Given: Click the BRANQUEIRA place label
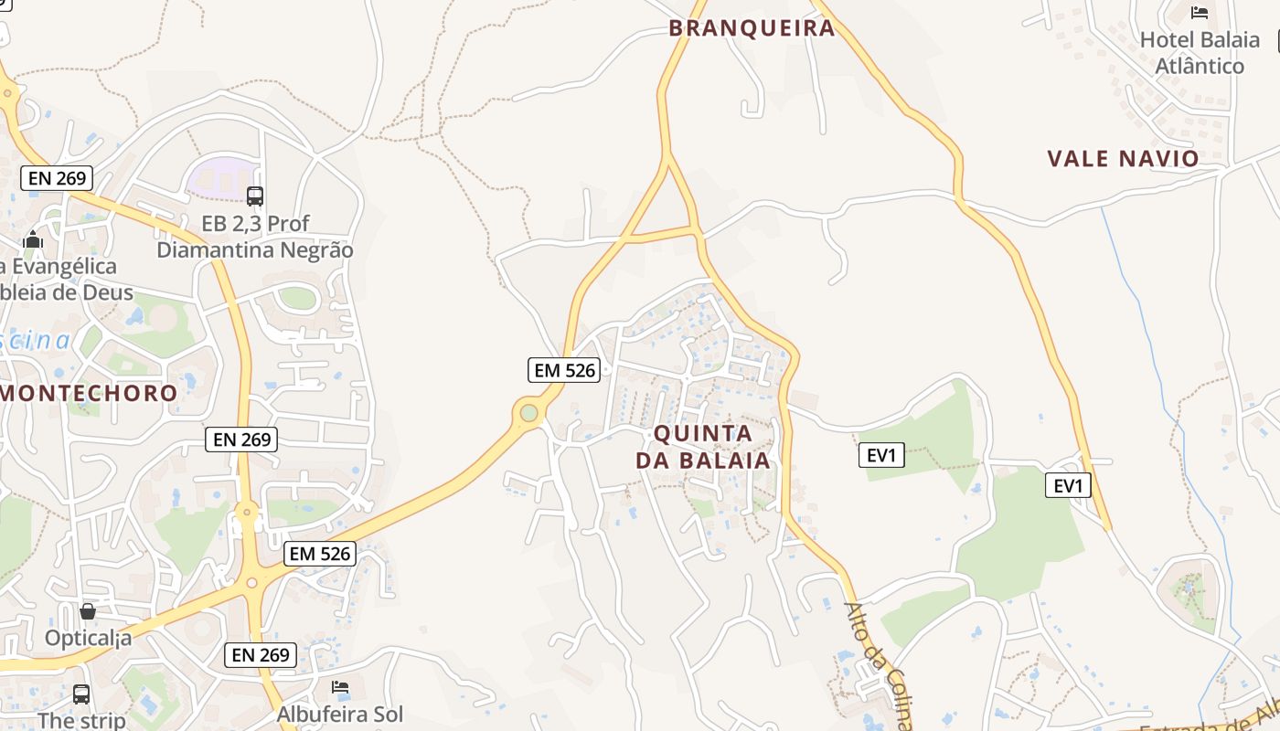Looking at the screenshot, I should click(x=752, y=27).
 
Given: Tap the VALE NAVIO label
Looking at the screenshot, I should click(x=1123, y=158).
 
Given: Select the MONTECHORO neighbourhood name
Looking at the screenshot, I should click(x=90, y=394).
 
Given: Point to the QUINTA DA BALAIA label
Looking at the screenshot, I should click(x=703, y=446).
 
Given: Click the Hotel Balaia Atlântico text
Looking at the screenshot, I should click(x=1200, y=53).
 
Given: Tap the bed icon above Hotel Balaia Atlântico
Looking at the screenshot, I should click(x=1200, y=13).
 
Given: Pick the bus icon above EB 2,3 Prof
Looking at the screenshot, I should click(x=255, y=196).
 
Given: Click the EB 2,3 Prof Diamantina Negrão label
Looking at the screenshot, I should click(x=255, y=236).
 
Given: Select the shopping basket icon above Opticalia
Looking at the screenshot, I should click(x=88, y=610).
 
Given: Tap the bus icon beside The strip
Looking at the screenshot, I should click(x=81, y=694).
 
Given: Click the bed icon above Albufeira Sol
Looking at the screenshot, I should click(x=340, y=687).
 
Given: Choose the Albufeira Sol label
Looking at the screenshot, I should click(x=340, y=714).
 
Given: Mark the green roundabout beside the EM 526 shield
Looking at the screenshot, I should click(x=528, y=413).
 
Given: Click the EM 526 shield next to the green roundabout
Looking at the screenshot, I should click(x=564, y=370).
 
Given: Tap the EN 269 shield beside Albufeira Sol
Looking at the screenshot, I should click(x=261, y=654).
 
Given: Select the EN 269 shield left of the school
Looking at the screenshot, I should click(x=57, y=177).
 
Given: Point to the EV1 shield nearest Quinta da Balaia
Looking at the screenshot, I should click(x=881, y=454).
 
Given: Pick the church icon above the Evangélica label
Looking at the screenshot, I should click(x=34, y=240).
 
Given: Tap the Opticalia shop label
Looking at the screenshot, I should click(x=88, y=637).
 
